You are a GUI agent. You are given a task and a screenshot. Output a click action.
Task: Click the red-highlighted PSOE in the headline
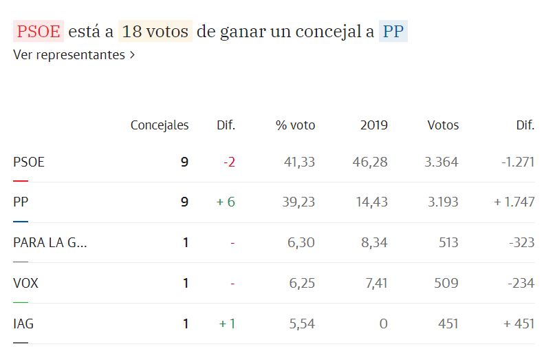pyautogui.click(x=39, y=32)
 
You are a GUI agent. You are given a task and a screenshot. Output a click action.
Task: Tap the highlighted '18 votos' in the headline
pyautogui.click(x=155, y=32)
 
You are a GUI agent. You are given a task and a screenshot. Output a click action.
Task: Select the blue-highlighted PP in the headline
pyautogui.click(x=393, y=32)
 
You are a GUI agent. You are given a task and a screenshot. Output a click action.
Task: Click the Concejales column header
pyautogui.click(x=160, y=125)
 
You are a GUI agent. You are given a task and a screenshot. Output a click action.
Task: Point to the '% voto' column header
pyautogui.click(x=296, y=125)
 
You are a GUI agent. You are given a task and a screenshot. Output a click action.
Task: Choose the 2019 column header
pyautogui.click(x=374, y=125)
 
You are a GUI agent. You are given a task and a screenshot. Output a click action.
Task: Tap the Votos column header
pyautogui.click(x=443, y=125)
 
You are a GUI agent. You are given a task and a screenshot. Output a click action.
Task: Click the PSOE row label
pyautogui.click(x=29, y=162)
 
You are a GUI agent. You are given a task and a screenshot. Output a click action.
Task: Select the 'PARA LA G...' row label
pyautogui.click(x=50, y=242)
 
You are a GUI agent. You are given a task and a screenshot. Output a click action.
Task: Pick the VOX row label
pyautogui.click(x=25, y=283)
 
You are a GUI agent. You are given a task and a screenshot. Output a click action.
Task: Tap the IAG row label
pyautogui.click(x=23, y=323)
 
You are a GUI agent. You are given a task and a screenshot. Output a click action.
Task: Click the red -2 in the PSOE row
pyautogui.click(x=229, y=162)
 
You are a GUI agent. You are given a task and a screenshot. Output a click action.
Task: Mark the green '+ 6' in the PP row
pyautogui.click(x=226, y=202)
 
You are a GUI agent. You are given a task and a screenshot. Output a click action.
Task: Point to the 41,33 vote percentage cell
pyautogui.click(x=299, y=162)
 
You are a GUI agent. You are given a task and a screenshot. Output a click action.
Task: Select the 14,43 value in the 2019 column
pyautogui.click(x=372, y=202)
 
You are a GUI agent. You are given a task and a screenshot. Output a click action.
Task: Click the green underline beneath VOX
pyautogui.click(x=21, y=302)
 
